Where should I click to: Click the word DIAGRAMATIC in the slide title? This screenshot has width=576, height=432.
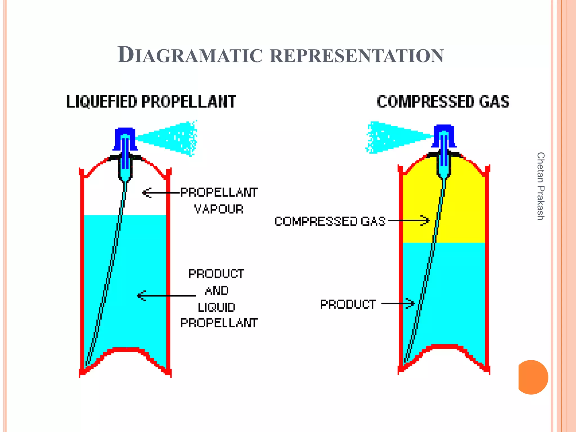pyautogui.click(x=190, y=55)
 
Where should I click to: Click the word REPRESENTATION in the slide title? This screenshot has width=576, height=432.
pyautogui.click(x=357, y=55)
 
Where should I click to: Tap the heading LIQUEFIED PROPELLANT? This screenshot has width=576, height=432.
pyautogui.click(x=151, y=102)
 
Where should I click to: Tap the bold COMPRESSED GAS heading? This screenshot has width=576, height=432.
pyautogui.click(x=443, y=102)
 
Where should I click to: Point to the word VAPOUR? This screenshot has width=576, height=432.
pyautogui.click(x=219, y=209)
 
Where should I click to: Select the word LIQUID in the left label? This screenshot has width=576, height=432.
pyautogui.click(x=216, y=307)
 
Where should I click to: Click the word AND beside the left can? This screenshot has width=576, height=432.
pyautogui.click(x=217, y=291)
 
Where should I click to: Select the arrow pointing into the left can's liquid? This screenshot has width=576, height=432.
pyautogui.click(x=166, y=296)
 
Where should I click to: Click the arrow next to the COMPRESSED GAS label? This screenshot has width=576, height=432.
pyautogui.click(x=409, y=220)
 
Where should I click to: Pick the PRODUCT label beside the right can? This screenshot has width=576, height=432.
pyautogui.click(x=348, y=304)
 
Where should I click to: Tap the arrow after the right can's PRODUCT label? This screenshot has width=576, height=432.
pyautogui.click(x=398, y=303)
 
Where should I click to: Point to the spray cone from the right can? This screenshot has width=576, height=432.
pyautogui.click(x=394, y=137)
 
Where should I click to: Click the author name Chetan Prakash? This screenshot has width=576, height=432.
pyautogui.click(x=540, y=186)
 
